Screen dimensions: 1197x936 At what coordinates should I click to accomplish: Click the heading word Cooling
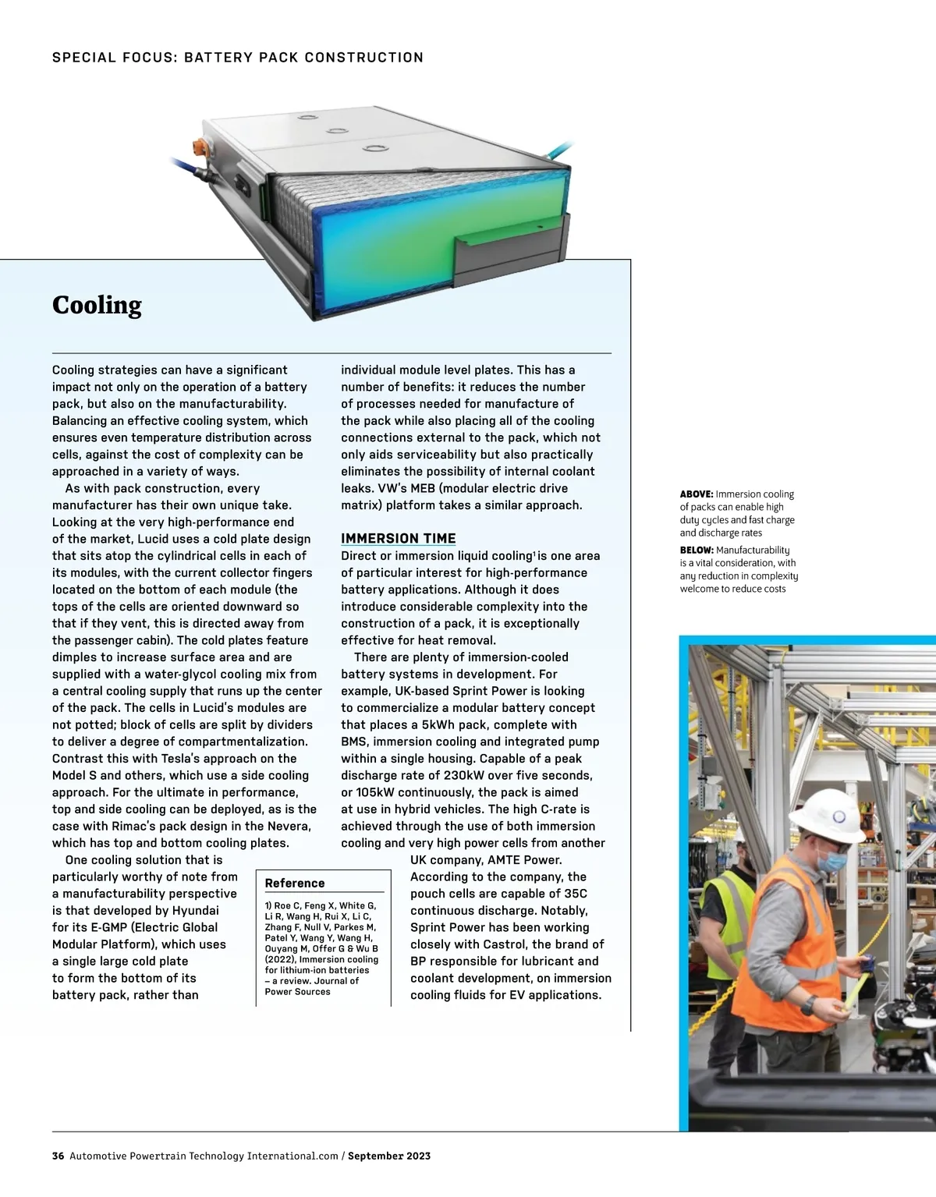pyautogui.click(x=97, y=305)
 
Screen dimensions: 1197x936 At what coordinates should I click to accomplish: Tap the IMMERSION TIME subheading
pyautogui.click(x=398, y=538)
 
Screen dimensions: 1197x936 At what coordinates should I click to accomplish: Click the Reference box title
pyautogui.click(x=294, y=883)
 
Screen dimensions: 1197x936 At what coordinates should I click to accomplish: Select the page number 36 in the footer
pyautogui.click(x=58, y=1156)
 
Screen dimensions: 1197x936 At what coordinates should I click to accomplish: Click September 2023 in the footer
pyautogui.click(x=389, y=1156)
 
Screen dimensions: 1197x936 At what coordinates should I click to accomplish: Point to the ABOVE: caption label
pyautogui.click(x=696, y=494)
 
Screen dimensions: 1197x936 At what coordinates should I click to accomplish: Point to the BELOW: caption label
pyautogui.click(x=696, y=550)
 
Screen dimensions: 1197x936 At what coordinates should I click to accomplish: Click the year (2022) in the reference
pyautogui.click(x=279, y=960)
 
